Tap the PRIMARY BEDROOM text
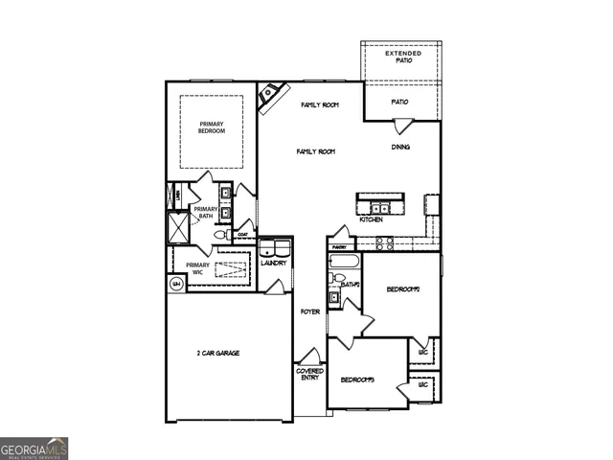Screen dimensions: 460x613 [212, 127]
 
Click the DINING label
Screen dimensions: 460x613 [401, 148]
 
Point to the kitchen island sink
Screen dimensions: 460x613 [380, 206]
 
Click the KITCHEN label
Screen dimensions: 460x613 [372, 219]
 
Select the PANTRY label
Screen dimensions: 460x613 [339, 246]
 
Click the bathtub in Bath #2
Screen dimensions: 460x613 [343, 262]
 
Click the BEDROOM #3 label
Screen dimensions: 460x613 [356, 380]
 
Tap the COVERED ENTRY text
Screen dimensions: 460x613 [309, 374]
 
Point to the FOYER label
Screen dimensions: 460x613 [309, 311]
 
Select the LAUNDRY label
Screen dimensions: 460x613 [274, 263]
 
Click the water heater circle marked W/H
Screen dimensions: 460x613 [176, 284]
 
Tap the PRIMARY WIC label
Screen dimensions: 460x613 [197, 268]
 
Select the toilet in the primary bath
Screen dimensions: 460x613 [219, 234]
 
